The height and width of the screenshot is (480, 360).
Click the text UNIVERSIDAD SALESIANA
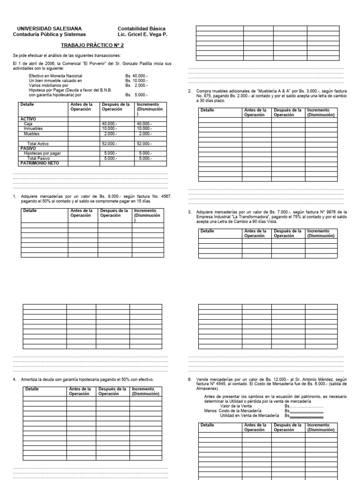(46, 29)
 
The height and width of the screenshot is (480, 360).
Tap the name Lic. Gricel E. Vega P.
(142, 35)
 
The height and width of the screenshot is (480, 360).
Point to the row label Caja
(29, 124)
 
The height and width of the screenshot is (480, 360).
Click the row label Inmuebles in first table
(35, 128)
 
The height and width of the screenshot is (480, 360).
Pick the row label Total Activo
(39, 143)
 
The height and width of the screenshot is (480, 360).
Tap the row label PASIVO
(28, 148)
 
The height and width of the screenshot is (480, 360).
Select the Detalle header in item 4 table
(32, 389)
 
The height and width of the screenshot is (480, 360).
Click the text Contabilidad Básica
(141, 29)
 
